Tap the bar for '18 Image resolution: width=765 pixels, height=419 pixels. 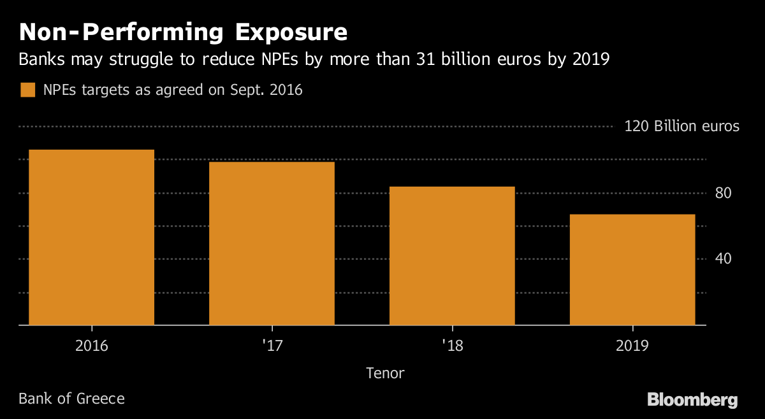(452, 256)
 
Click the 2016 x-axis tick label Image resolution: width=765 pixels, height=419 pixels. (92, 346)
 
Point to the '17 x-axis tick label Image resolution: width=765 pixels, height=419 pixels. (272, 346)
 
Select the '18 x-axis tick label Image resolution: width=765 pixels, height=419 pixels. (452, 346)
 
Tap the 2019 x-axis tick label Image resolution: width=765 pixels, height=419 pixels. (632, 346)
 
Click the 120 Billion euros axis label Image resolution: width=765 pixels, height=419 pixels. (681, 126)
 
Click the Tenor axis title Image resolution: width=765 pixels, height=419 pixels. (385, 373)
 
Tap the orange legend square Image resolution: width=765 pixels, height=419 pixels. (27, 90)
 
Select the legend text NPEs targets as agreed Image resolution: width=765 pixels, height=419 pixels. (173, 90)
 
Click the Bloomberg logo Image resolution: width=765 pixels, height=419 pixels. (692, 400)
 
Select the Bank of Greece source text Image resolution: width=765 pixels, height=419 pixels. (71, 399)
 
